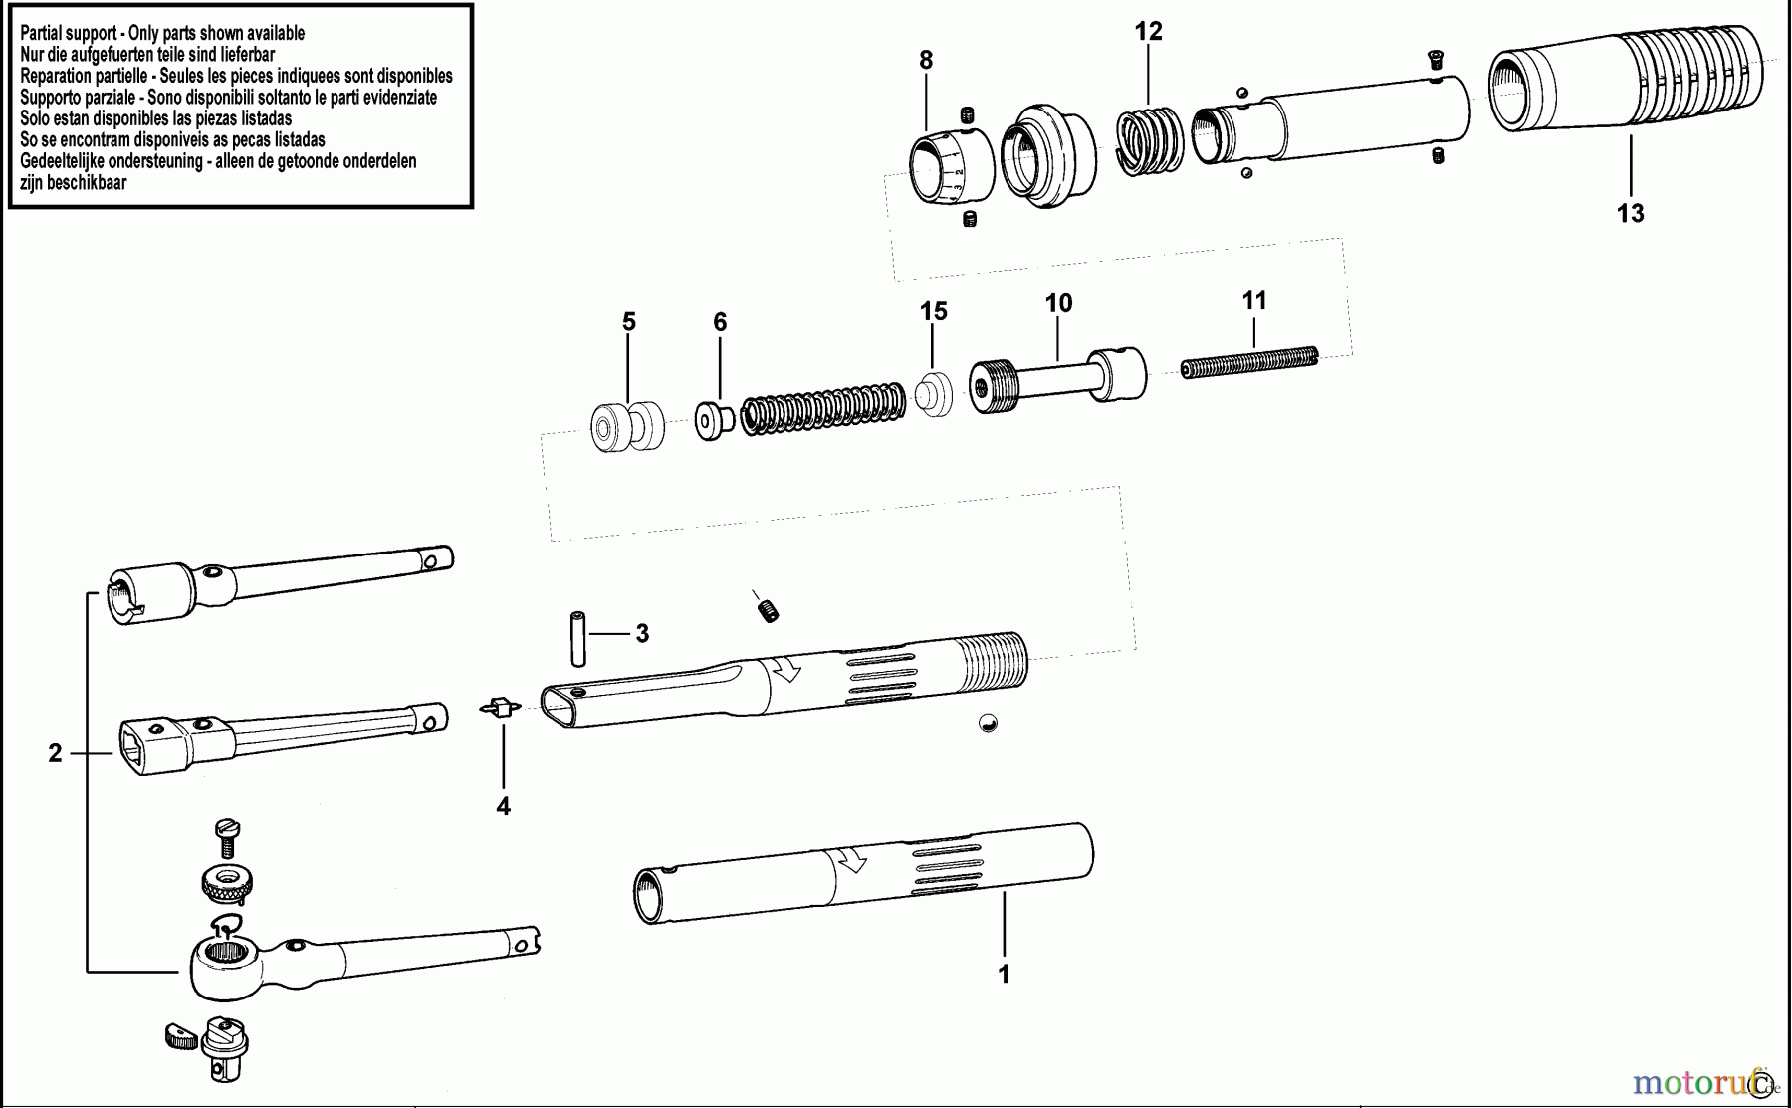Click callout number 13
(1630, 213)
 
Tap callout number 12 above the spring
(1148, 32)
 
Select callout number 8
(926, 61)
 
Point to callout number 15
(933, 312)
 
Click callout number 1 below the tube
(1004, 974)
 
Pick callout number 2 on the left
(55, 754)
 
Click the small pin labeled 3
(577, 638)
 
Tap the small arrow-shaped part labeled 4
(502, 707)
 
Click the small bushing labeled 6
(713, 420)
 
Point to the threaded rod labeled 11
(1249, 363)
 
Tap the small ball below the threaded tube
(988, 724)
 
